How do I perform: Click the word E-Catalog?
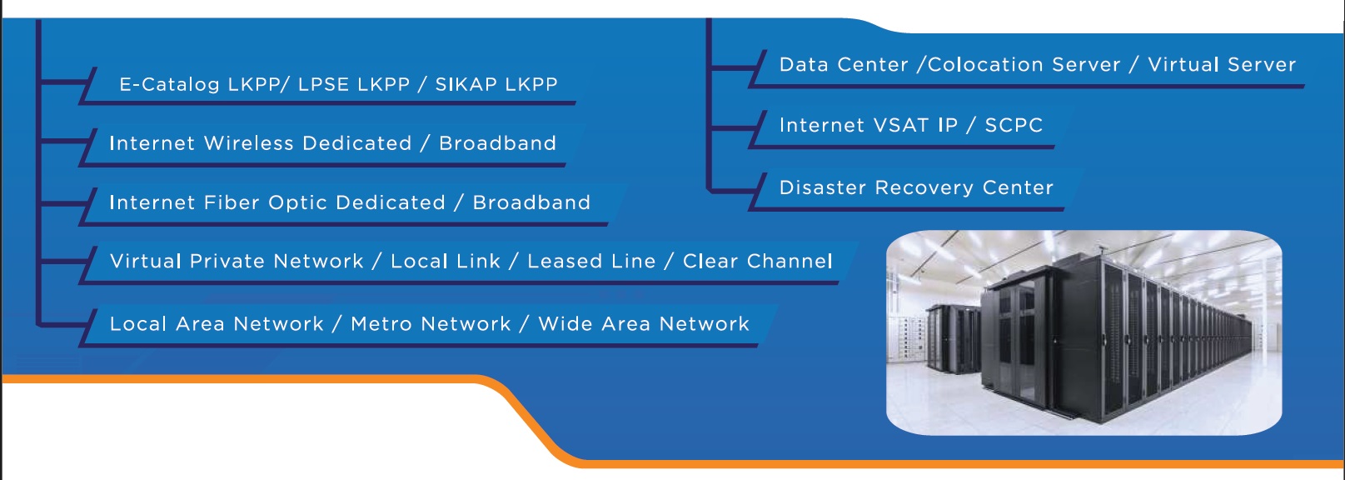click(x=169, y=85)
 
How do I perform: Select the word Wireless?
click(x=249, y=143)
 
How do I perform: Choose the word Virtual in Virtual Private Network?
click(x=145, y=262)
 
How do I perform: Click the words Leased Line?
click(x=591, y=262)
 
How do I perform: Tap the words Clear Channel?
click(x=757, y=262)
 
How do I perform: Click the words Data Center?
click(x=844, y=65)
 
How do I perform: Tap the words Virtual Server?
click(x=1222, y=65)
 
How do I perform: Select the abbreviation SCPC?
click(x=1014, y=126)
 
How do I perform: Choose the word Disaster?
click(x=823, y=188)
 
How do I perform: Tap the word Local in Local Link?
click(x=420, y=262)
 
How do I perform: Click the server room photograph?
click(x=1083, y=332)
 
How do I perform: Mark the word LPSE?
click(x=326, y=85)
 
